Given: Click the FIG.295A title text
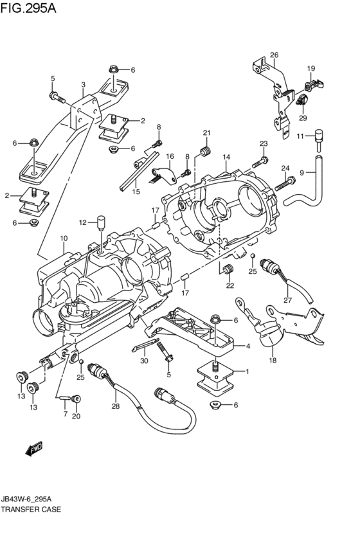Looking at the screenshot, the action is click(x=28, y=8).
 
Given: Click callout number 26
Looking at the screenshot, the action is click(x=274, y=55).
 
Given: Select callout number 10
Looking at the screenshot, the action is click(x=63, y=238).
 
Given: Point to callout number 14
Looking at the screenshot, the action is click(x=226, y=157).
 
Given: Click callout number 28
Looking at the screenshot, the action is click(x=116, y=406).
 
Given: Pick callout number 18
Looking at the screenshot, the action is click(x=273, y=360).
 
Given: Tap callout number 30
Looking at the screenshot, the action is click(x=144, y=361).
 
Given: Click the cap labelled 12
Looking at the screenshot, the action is click(x=101, y=222).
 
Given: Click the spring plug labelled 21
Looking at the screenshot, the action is click(x=206, y=152).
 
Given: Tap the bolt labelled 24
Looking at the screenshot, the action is click(x=285, y=184).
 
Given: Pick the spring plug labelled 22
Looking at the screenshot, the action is click(x=228, y=269).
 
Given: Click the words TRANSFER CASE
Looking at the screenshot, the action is click(x=31, y=509).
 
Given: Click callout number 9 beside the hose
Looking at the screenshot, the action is click(x=301, y=172).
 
